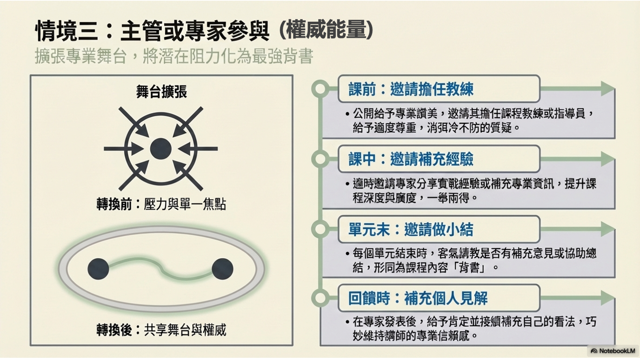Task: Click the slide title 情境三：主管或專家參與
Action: (x=153, y=31)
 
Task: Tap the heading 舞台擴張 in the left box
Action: (x=161, y=92)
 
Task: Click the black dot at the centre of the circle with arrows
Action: (x=161, y=149)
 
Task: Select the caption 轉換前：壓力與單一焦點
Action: (x=161, y=204)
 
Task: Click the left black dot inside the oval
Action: (x=98, y=269)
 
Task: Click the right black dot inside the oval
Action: (x=222, y=269)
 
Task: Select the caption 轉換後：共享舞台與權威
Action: (x=161, y=330)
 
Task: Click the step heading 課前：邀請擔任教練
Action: (x=411, y=89)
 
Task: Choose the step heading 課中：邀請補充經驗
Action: (x=411, y=159)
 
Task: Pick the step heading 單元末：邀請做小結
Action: (x=411, y=229)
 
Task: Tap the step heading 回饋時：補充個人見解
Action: (x=418, y=298)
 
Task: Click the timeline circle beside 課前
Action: (x=321, y=89)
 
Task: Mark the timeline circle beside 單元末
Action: (x=321, y=229)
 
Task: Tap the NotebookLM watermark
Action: (x=613, y=351)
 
